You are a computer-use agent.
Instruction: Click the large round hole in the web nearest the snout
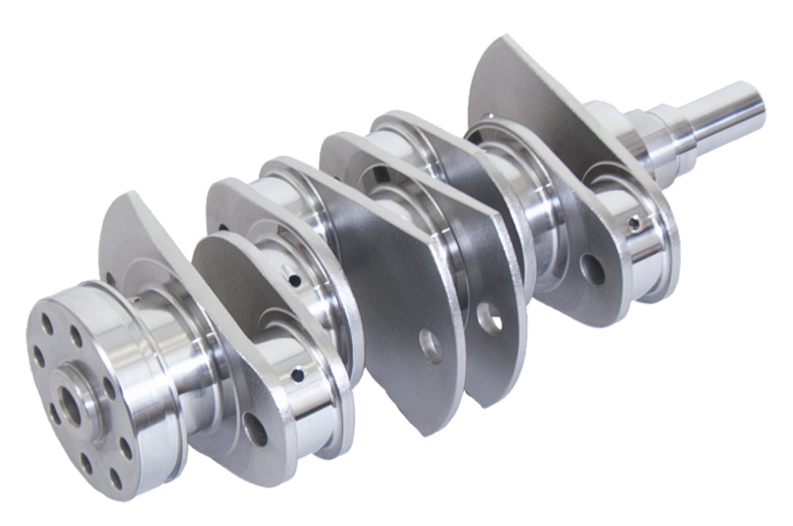(593, 266)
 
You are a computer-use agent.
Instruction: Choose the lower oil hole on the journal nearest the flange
(298, 375)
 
